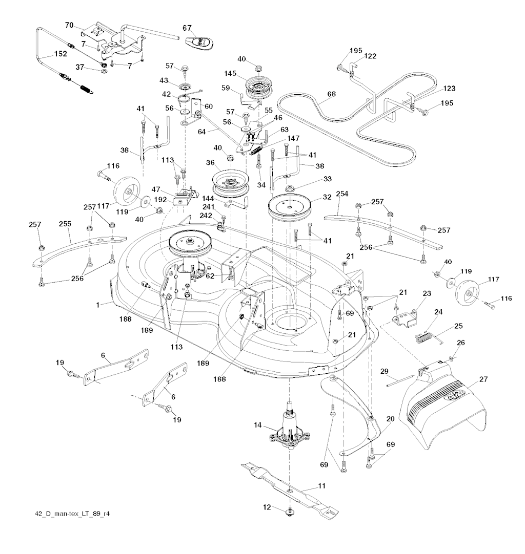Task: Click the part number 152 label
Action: (60, 54)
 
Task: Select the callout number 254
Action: (342, 194)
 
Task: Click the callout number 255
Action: (66, 224)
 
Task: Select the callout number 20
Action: (390, 418)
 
